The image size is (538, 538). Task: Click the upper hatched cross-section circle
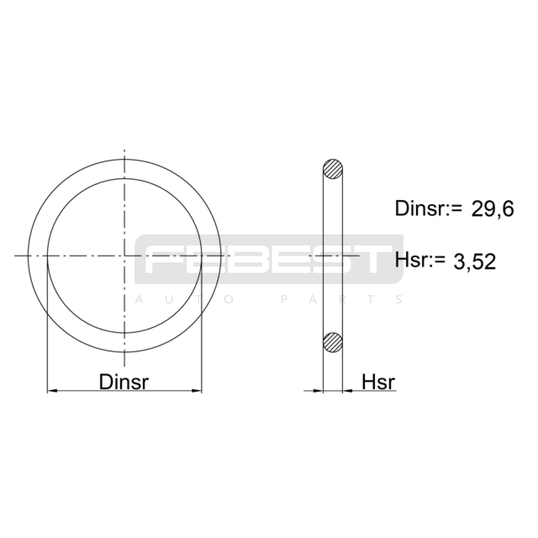333,169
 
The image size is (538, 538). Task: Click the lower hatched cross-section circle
333,342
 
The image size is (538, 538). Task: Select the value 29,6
493,209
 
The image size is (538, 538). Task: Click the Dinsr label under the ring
124,382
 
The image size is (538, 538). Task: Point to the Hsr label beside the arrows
378,382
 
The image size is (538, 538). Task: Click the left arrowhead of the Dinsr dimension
52,391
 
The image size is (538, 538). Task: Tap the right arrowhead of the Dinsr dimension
197,391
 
